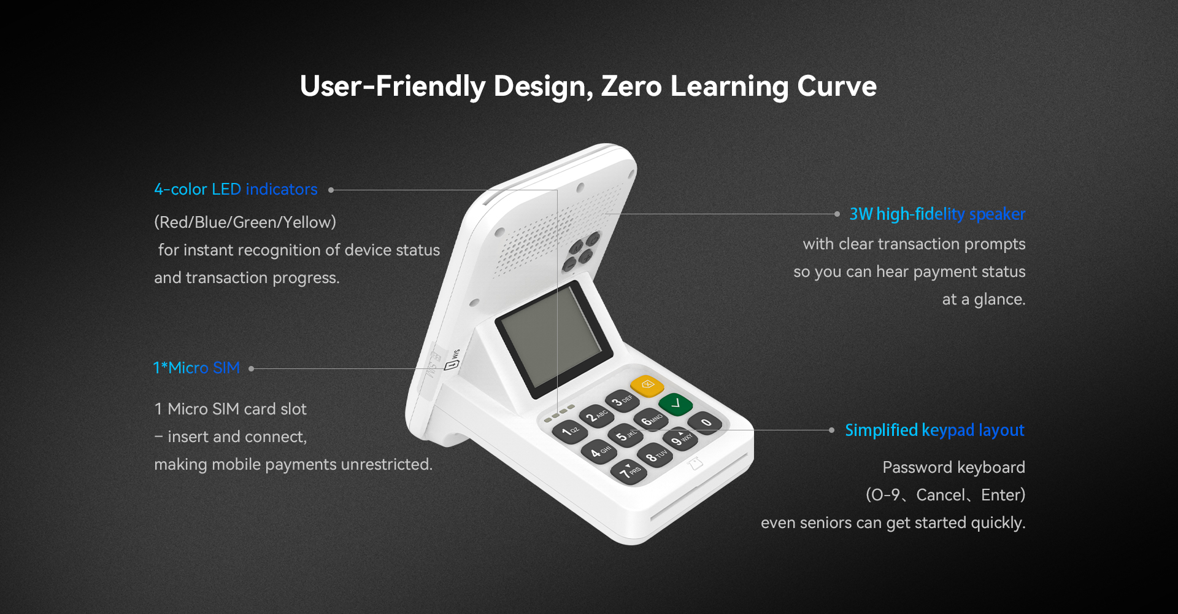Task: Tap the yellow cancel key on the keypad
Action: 647,386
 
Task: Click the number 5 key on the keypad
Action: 625,436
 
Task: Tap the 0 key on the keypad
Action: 705,422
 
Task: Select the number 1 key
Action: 570,430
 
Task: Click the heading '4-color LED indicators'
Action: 236,189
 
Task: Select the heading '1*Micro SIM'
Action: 196,368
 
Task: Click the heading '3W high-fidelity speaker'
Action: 937,214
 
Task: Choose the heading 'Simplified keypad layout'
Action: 934,430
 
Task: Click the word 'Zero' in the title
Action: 631,86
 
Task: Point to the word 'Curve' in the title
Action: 837,86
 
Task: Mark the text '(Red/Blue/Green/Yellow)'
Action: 245,222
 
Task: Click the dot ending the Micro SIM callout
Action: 252,368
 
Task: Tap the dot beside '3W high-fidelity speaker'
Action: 837,214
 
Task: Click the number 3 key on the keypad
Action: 622,402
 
